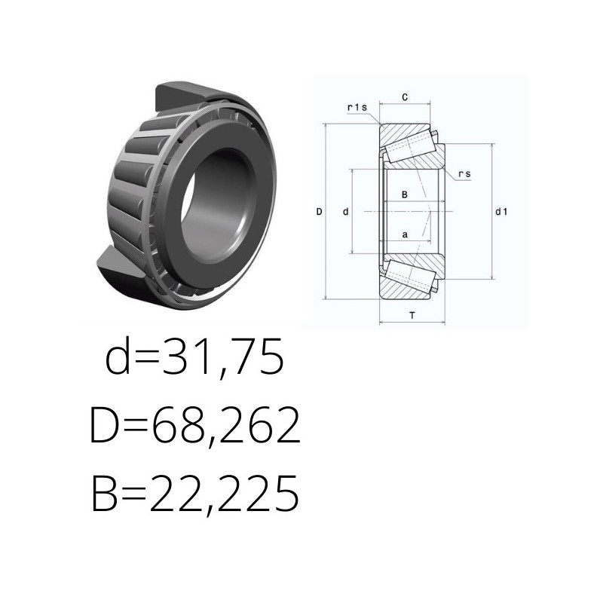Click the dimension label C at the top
coord(405,97)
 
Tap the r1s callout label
coord(357,107)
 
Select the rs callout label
coord(464,174)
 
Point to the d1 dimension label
coord(501,212)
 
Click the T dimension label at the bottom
coord(412,316)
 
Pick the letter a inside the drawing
coord(405,234)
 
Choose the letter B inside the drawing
coord(405,194)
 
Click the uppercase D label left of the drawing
coord(319,212)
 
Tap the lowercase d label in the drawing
coord(345,212)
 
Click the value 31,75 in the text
coord(224,357)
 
